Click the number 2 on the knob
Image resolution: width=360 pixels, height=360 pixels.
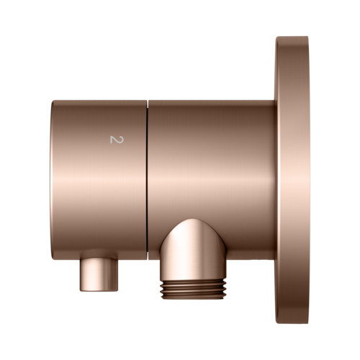tap(117, 140)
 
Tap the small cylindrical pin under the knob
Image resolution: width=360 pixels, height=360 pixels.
tap(99, 275)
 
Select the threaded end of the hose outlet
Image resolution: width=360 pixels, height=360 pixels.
tap(194, 289)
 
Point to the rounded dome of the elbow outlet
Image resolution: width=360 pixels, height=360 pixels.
tap(194, 230)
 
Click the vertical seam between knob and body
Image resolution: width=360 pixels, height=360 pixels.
tap(148, 180)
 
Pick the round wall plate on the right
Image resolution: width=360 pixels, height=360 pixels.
tap(292, 180)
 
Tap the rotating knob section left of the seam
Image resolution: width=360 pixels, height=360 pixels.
tap(99, 180)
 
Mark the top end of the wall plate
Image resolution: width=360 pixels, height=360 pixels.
tap(292, 37)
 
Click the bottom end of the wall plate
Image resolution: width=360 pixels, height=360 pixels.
tap(292, 323)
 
